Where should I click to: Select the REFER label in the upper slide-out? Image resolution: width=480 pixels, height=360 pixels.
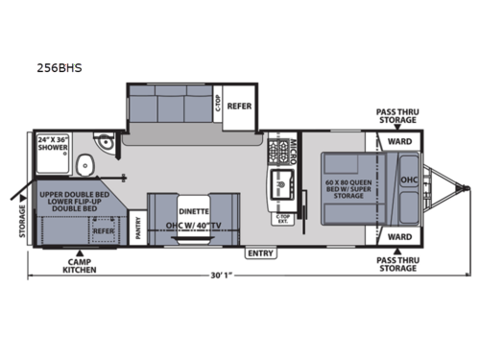coord(240,107)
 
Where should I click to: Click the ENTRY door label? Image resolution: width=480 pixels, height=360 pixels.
coord(258,254)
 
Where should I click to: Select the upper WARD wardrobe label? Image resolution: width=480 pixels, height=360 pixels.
coord(398,141)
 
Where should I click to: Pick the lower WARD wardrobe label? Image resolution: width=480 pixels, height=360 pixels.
coord(398,235)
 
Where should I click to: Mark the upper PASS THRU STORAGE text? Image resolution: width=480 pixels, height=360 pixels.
coord(396,115)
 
